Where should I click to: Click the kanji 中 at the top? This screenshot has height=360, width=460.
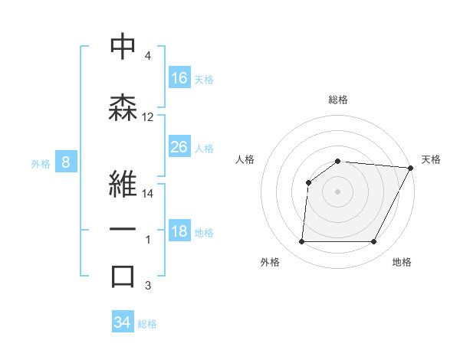coord(123,47)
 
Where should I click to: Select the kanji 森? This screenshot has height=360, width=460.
coord(123,107)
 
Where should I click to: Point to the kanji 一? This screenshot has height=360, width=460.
coord(123,230)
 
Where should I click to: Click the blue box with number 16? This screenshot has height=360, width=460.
coord(179,78)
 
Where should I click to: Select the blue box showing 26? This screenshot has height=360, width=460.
coord(179,147)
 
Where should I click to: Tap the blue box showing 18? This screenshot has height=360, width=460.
coord(179,232)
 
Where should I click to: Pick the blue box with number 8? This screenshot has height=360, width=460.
coord(67,162)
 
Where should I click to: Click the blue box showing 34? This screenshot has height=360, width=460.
coord(123,322)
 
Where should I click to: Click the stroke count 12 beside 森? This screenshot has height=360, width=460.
coord(148,117)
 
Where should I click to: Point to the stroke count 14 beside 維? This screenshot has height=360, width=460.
coord(148,194)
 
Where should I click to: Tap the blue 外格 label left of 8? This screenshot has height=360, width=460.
coord(41,163)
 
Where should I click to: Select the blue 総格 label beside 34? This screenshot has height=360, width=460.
coord(147,324)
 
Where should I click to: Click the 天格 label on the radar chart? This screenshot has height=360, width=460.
coord(431,159)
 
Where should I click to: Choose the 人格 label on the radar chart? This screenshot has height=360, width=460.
coord(245,159)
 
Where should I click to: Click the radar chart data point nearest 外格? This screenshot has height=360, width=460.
coord(301,242)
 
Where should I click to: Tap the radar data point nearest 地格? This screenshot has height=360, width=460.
coord(373,242)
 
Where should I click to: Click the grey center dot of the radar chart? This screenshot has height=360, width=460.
coord(337,191)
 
